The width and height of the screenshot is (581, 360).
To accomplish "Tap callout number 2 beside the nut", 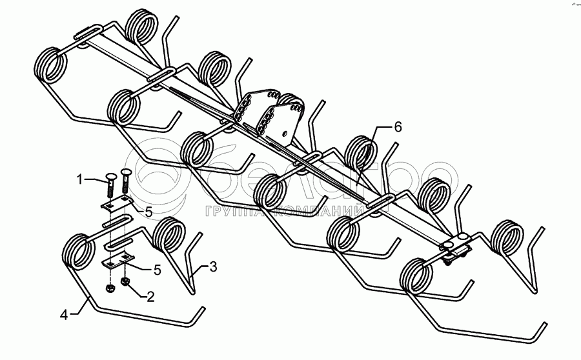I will click(150, 297).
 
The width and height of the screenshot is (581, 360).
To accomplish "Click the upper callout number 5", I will click(148, 211).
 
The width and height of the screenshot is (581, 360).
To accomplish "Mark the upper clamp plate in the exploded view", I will click(116, 205).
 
